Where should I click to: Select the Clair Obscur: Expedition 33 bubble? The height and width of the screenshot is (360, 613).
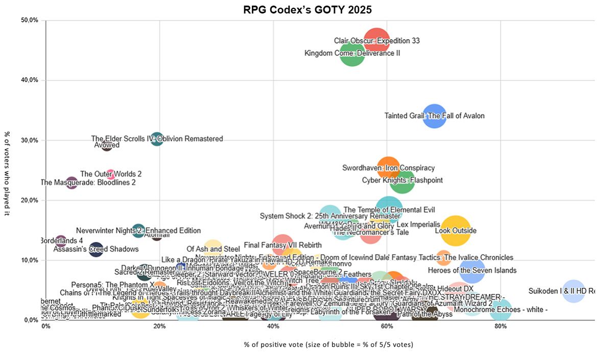click(377, 41)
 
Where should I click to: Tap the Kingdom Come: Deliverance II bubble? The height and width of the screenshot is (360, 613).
click(352, 53)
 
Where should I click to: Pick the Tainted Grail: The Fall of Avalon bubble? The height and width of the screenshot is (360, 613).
click(434, 116)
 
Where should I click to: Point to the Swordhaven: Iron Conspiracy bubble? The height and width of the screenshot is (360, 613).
click(388, 167)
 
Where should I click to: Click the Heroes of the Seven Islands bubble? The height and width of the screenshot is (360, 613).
click(472, 271)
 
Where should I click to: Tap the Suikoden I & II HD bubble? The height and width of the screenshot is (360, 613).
click(573, 291)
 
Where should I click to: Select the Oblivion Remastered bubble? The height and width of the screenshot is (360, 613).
click(157, 138)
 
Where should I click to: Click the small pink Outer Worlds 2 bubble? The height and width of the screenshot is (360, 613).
click(111, 174)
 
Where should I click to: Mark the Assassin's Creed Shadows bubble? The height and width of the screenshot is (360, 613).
click(96, 249)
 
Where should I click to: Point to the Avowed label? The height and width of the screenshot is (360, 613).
click(107, 145)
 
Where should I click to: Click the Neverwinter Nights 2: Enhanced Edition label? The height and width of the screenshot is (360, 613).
click(138, 231)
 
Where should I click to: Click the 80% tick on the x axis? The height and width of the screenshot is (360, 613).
click(501, 327)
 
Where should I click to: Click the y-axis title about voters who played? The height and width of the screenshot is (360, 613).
click(8, 173)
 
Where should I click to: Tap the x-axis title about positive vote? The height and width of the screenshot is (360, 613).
click(328, 345)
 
